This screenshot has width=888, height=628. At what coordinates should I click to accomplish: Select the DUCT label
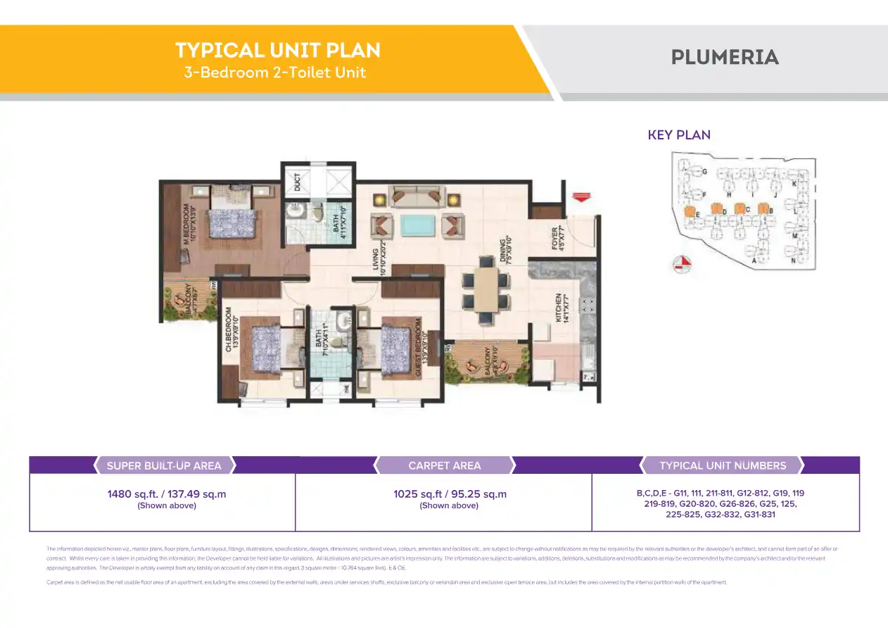tap(298, 181)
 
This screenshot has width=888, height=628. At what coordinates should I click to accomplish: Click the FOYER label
tap(555, 238)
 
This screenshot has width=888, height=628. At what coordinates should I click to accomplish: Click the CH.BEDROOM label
tap(229, 329)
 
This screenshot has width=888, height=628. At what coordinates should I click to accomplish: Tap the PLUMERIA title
tap(725, 58)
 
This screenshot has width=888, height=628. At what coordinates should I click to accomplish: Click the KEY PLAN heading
tap(679, 135)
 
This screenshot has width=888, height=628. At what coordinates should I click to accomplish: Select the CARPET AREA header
tap(445, 465)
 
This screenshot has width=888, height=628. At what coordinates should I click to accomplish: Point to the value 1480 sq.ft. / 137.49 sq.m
tap(167, 494)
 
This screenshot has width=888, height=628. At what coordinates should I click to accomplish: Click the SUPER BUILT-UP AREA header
tap(164, 465)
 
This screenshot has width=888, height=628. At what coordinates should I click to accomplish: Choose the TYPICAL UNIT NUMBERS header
tap(723, 465)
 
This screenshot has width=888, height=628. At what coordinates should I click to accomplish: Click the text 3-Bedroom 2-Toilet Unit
tap(275, 73)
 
